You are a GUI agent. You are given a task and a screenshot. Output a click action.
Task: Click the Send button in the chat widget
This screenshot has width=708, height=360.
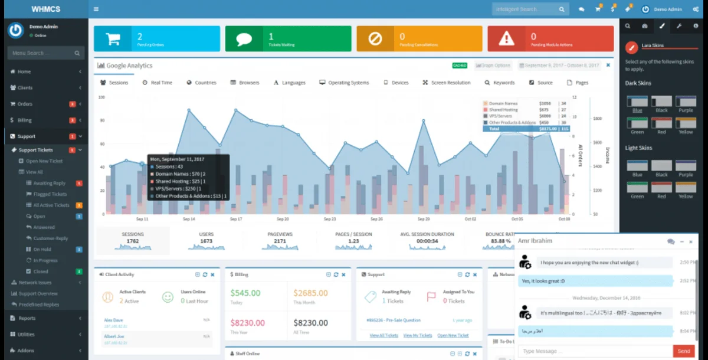(x=684, y=351)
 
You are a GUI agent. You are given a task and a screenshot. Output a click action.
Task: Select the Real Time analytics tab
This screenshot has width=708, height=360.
(x=158, y=83)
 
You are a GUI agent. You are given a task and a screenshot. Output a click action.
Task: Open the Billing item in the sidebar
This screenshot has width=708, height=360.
(x=24, y=120)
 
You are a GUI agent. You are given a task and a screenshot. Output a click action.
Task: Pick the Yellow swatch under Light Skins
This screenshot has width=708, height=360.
(x=685, y=188)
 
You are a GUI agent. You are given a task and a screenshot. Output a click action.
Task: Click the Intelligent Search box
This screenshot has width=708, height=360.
(x=524, y=9)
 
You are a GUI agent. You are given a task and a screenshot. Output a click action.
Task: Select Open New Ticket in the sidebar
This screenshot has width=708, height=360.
(x=44, y=161)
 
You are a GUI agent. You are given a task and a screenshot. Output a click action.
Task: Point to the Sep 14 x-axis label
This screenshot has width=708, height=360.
(x=188, y=219)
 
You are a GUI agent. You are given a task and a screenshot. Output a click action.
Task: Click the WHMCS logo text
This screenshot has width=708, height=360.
(x=46, y=9)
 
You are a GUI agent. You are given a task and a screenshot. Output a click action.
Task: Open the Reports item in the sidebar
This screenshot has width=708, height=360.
(x=27, y=318)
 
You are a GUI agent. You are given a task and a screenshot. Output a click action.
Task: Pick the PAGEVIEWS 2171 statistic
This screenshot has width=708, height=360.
(x=280, y=238)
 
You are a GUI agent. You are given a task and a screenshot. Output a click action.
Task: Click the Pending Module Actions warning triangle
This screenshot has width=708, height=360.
(x=506, y=39)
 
